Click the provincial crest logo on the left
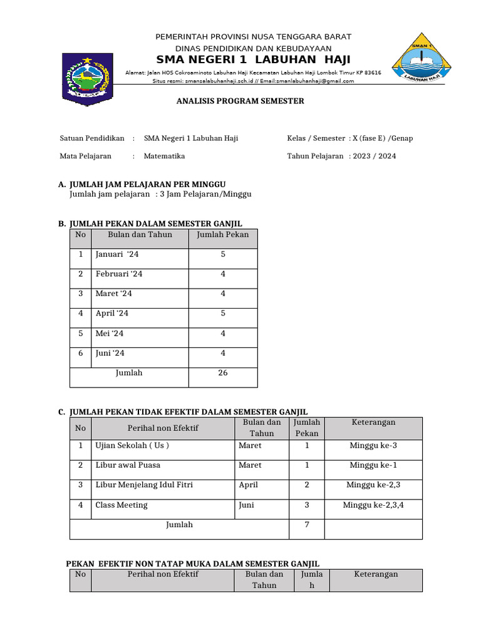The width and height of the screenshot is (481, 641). [x=86, y=79]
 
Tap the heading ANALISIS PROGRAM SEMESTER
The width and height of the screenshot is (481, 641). [x=240, y=101]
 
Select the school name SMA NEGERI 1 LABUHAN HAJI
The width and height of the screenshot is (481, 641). [x=253, y=59]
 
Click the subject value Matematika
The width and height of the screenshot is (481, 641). [x=164, y=156]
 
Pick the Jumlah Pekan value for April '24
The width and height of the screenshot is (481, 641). [x=223, y=313]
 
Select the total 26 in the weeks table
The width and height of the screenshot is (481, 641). [x=223, y=373]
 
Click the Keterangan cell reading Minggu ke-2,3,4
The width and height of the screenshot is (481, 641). [x=373, y=505]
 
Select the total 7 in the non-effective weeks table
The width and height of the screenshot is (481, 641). [x=307, y=525]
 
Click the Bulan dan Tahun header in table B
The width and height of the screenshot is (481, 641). [x=140, y=235]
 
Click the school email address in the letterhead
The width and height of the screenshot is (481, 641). [x=307, y=81]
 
